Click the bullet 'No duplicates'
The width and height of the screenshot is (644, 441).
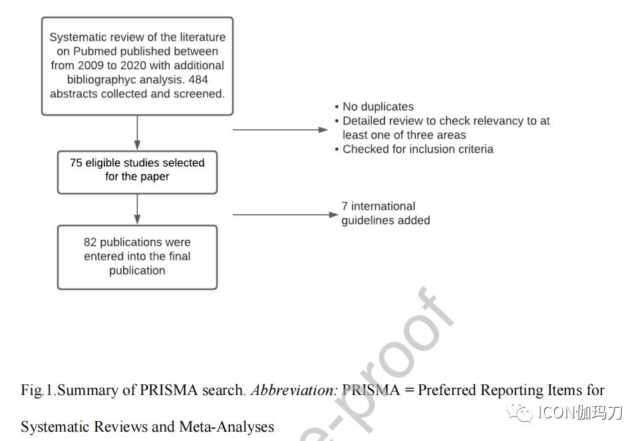(x=378, y=107)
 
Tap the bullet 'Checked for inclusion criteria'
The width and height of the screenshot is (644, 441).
(x=418, y=149)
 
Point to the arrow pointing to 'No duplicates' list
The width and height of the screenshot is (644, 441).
(x=280, y=130)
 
